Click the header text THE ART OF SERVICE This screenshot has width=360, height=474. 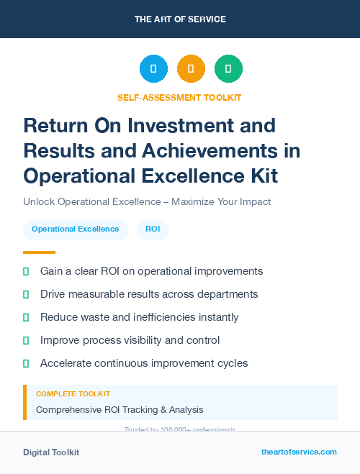coord(180,19)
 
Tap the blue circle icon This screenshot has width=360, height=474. coord(153,69)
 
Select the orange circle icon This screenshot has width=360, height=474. coord(191,69)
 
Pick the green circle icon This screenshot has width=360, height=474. coord(228,69)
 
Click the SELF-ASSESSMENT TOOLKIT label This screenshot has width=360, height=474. coord(179,97)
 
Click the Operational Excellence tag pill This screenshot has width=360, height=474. coord(76,229)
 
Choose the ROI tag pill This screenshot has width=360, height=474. coord(153,229)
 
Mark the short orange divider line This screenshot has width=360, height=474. coord(39,252)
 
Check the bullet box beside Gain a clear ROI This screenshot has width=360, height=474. coord(26,271)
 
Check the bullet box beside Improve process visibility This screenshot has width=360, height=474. coord(26,340)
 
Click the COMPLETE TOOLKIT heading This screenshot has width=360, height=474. coord(73,394)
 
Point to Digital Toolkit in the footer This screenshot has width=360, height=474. coord(51,452)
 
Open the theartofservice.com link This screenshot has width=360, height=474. coord(299,452)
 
